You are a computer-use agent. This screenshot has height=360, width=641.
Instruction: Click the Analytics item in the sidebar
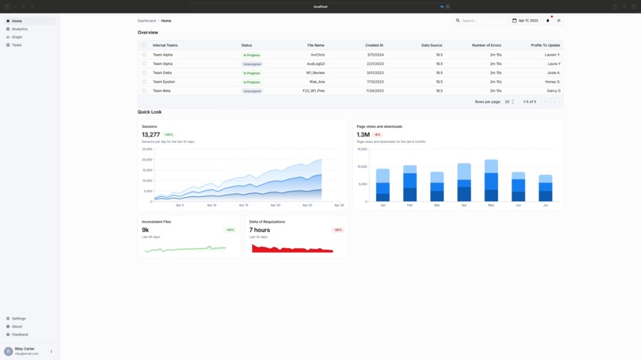point(19,29)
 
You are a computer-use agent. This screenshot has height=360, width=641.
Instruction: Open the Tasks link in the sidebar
point(17,45)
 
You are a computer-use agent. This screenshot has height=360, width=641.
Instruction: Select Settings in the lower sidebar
point(18,319)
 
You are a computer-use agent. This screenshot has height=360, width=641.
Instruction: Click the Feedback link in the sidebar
point(20,335)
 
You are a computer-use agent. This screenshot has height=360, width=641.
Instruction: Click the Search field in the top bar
point(482,21)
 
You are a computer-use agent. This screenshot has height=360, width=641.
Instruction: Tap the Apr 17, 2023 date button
point(525,21)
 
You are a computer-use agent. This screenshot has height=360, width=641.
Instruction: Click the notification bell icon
point(548,21)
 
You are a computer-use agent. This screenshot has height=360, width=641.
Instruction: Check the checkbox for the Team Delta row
point(144,73)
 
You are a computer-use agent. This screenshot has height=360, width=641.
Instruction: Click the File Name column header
point(316,45)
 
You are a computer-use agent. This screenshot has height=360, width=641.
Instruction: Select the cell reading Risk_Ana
point(317,82)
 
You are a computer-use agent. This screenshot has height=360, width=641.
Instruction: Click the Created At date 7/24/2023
point(375,91)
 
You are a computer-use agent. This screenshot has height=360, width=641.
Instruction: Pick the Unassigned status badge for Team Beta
point(252,91)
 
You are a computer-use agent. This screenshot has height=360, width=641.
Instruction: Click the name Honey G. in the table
point(552,82)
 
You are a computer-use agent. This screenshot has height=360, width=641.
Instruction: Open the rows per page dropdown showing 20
point(509,102)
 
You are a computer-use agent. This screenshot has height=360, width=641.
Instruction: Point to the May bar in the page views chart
point(491,180)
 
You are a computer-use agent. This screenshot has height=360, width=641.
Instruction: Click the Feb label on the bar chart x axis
point(410,205)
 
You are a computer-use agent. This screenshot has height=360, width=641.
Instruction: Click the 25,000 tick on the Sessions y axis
point(147,149)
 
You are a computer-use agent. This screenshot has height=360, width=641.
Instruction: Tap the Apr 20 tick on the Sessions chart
point(275,205)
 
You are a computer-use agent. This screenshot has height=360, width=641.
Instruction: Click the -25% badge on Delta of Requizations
point(337,230)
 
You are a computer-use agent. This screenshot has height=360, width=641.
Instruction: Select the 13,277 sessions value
point(151,135)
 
